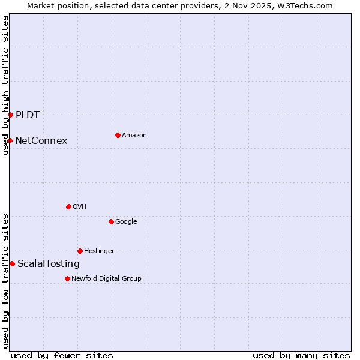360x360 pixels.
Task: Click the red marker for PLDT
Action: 10,115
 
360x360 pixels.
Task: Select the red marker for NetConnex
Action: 10,140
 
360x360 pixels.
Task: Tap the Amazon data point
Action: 118,135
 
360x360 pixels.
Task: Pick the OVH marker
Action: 68,206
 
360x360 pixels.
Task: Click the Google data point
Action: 111,221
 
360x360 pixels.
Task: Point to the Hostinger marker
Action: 80,251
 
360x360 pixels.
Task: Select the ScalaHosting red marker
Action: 12,263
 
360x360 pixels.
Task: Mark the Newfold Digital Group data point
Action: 67,278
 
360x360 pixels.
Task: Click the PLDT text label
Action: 28,115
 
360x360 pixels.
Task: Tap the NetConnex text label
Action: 41,141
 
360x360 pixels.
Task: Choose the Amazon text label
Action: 134,136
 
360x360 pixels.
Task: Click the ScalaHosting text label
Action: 48,264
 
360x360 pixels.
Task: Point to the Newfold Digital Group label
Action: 106,278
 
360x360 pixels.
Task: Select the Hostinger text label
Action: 99,251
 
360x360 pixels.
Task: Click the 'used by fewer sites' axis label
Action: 62,355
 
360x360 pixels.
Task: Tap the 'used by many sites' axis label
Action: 301,355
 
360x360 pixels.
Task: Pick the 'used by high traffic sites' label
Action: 5,85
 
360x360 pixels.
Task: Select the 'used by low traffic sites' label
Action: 5,280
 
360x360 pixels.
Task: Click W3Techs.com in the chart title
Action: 307,5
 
